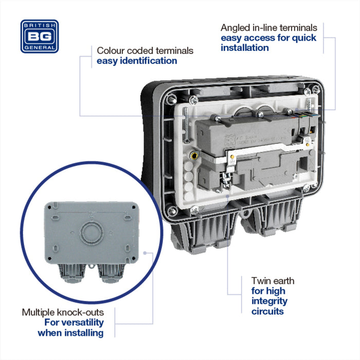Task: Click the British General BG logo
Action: point(40,36)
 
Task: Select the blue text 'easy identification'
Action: point(137,61)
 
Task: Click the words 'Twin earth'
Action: point(273,281)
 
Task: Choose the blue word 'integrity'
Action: point(269,301)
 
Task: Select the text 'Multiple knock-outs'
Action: point(63,312)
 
